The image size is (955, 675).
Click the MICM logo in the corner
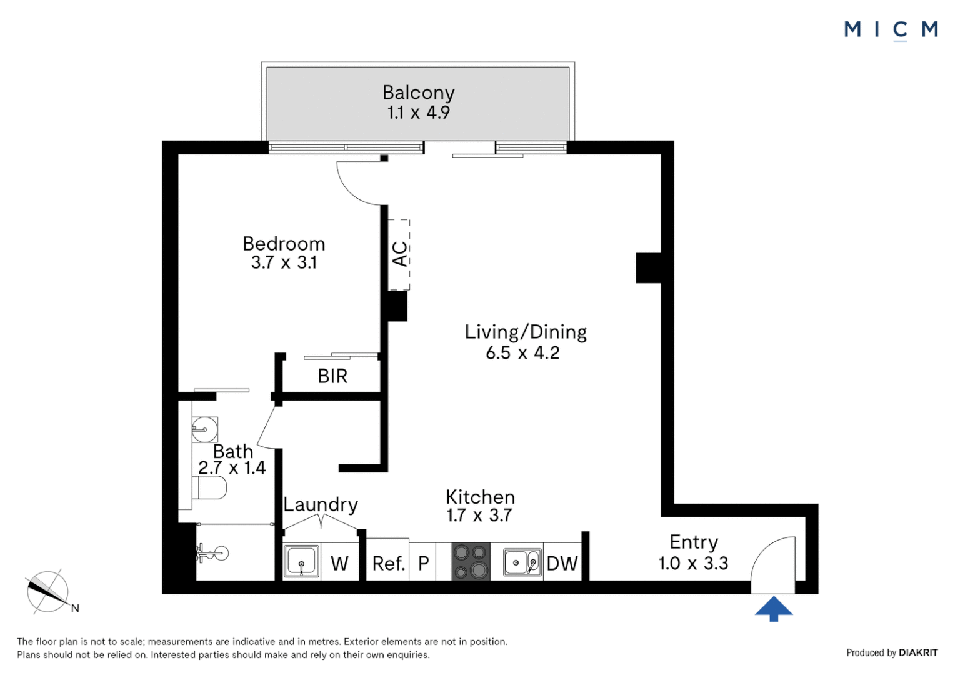click(x=891, y=31)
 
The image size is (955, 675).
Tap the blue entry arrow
click(x=774, y=609)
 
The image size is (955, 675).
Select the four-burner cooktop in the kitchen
click(x=471, y=562)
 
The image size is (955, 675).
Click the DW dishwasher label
click(x=562, y=564)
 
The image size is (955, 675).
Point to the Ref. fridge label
click(x=388, y=564)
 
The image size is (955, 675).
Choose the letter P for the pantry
click(x=423, y=564)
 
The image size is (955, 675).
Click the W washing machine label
click(x=339, y=564)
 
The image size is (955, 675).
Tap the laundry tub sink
click(x=301, y=562)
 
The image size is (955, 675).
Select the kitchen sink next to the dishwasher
click(x=522, y=562)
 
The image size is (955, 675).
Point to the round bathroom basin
click(x=204, y=429)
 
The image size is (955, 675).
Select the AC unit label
click(x=400, y=254)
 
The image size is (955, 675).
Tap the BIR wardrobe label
click(x=332, y=376)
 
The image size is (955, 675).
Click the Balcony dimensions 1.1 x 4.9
click(x=418, y=112)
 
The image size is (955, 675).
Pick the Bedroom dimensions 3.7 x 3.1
click(x=284, y=262)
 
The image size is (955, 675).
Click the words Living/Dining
click(x=526, y=332)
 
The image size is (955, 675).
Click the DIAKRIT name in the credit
click(x=918, y=652)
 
